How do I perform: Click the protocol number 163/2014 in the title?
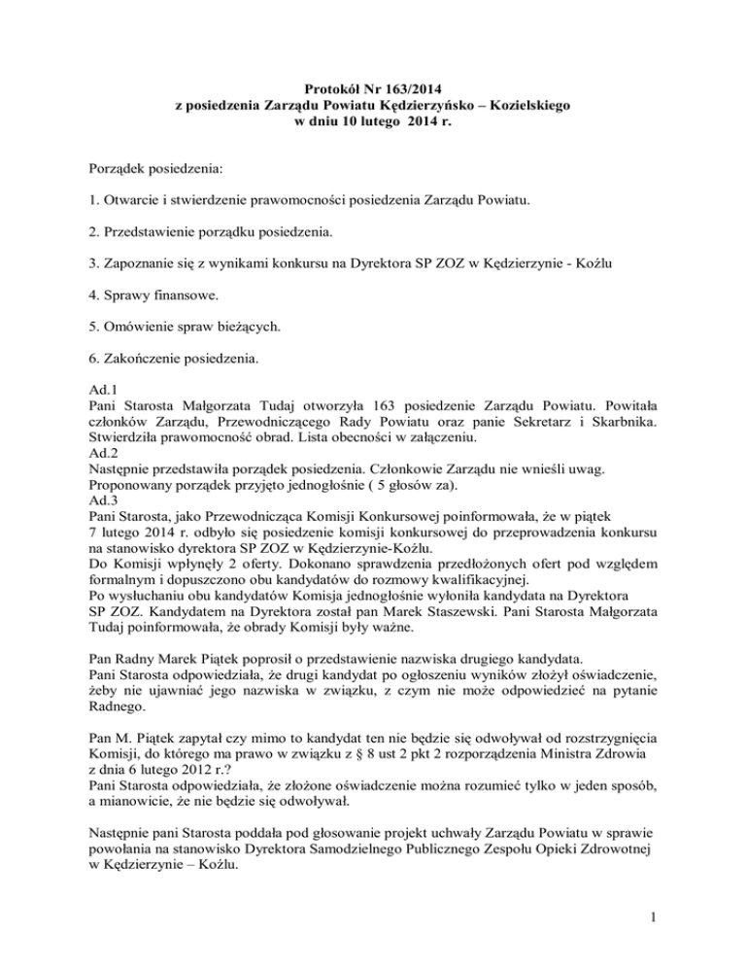pyautogui.click(x=417, y=85)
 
